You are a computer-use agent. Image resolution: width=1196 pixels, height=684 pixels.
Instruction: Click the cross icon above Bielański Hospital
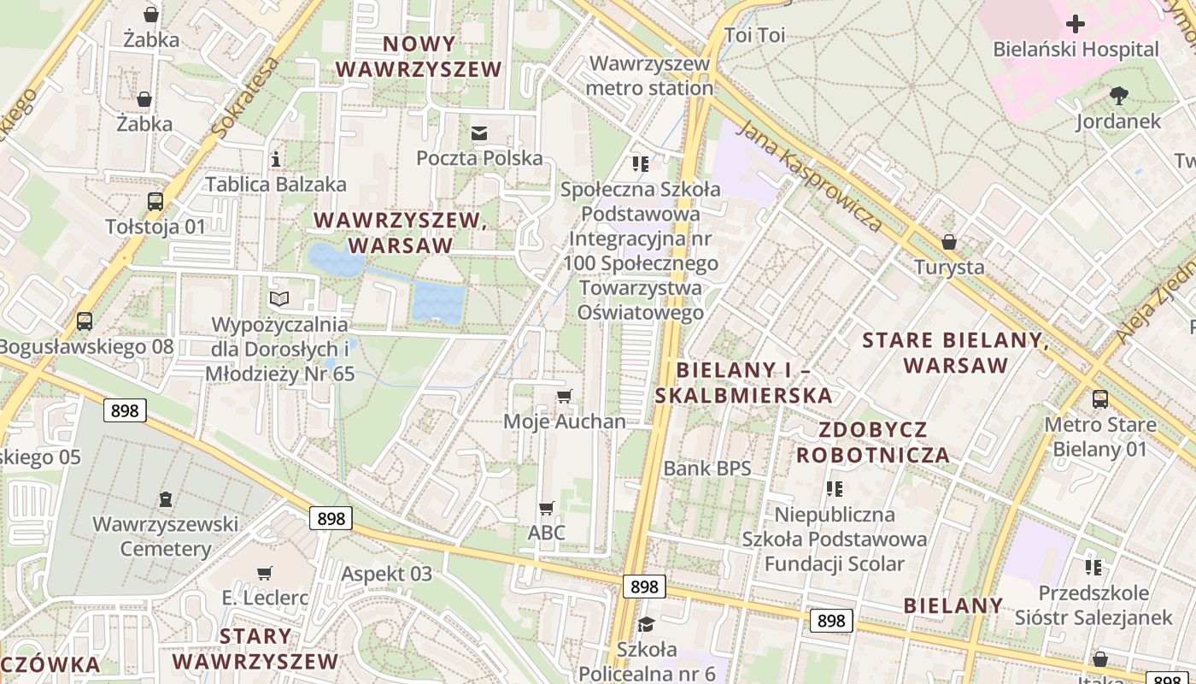click(x=1076, y=24)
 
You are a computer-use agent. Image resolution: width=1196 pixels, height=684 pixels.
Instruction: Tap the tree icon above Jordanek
click(x=1118, y=96)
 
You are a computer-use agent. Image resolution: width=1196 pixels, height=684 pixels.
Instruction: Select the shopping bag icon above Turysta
click(x=949, y=242)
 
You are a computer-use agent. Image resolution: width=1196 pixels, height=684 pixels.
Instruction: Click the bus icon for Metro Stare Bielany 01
click(x=1100, y=398)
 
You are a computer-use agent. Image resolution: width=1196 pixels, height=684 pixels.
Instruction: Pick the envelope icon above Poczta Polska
click(x=478, y=133)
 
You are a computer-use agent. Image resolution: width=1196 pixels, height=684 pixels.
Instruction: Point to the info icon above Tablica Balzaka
click(x=275, y=159)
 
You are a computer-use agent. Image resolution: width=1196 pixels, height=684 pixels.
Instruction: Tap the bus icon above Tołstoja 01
click(x=155, y=202)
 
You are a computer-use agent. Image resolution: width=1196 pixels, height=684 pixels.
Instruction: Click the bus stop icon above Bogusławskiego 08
click(x=85, y=321)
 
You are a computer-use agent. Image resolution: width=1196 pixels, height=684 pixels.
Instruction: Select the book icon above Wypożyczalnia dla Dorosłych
click(x=279, y=298)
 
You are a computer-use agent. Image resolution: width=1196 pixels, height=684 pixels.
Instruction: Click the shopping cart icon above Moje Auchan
click(x=564, y=396)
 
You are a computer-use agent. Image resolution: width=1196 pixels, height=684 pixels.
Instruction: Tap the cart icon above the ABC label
click(x=547, y=508)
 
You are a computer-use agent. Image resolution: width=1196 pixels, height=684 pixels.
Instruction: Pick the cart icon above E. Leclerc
click(x=265, y=573)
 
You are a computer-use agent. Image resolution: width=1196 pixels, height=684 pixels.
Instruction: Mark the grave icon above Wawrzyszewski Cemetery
click(x=166, y=498)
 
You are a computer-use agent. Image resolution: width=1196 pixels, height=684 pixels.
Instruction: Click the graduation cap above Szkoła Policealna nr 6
click(x=646, y=624)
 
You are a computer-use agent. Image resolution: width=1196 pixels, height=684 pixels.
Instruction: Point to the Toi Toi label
click(x=754, y=35)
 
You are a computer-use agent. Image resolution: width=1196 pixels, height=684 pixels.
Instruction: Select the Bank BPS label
click(x=707, y=468)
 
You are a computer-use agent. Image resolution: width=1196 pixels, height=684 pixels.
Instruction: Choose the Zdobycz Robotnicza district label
click(x=872, y=441)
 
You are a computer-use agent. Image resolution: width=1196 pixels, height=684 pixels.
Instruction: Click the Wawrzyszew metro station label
click(x=650, y=75)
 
